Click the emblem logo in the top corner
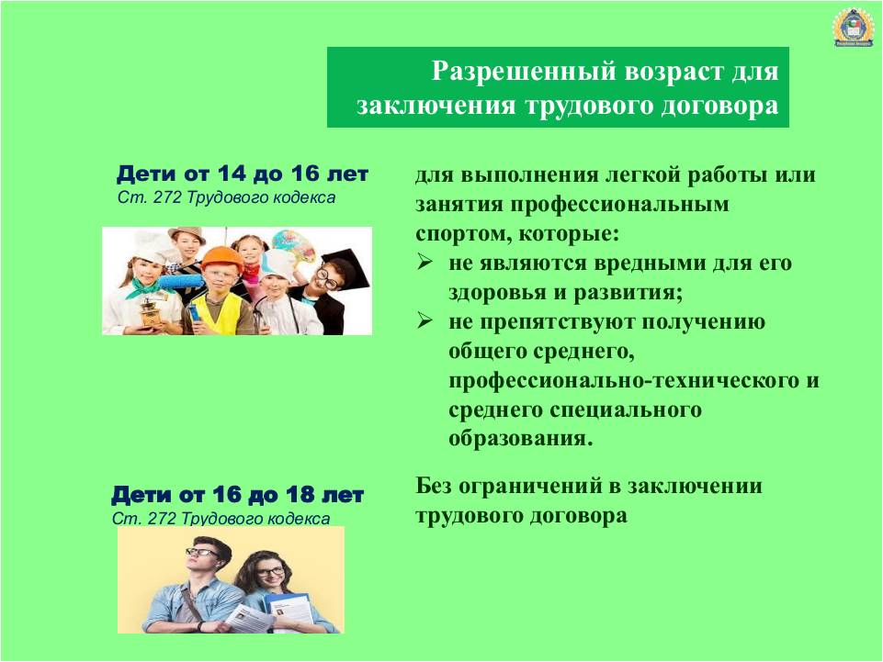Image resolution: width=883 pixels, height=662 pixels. point(853,26)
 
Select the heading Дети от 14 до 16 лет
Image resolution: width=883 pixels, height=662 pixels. point(243,174)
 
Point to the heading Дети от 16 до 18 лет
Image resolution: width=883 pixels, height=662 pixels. point(237,495)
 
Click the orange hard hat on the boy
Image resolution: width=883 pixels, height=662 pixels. point(221,258)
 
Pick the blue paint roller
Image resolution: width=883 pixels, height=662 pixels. point(181,282)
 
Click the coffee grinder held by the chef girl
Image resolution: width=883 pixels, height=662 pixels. point(150,311)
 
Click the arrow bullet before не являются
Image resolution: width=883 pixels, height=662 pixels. point(425,262)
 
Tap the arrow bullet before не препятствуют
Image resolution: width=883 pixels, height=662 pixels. point(425,320)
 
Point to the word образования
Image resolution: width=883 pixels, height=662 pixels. point(521,438)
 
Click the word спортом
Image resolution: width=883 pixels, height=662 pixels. point(463,233)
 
